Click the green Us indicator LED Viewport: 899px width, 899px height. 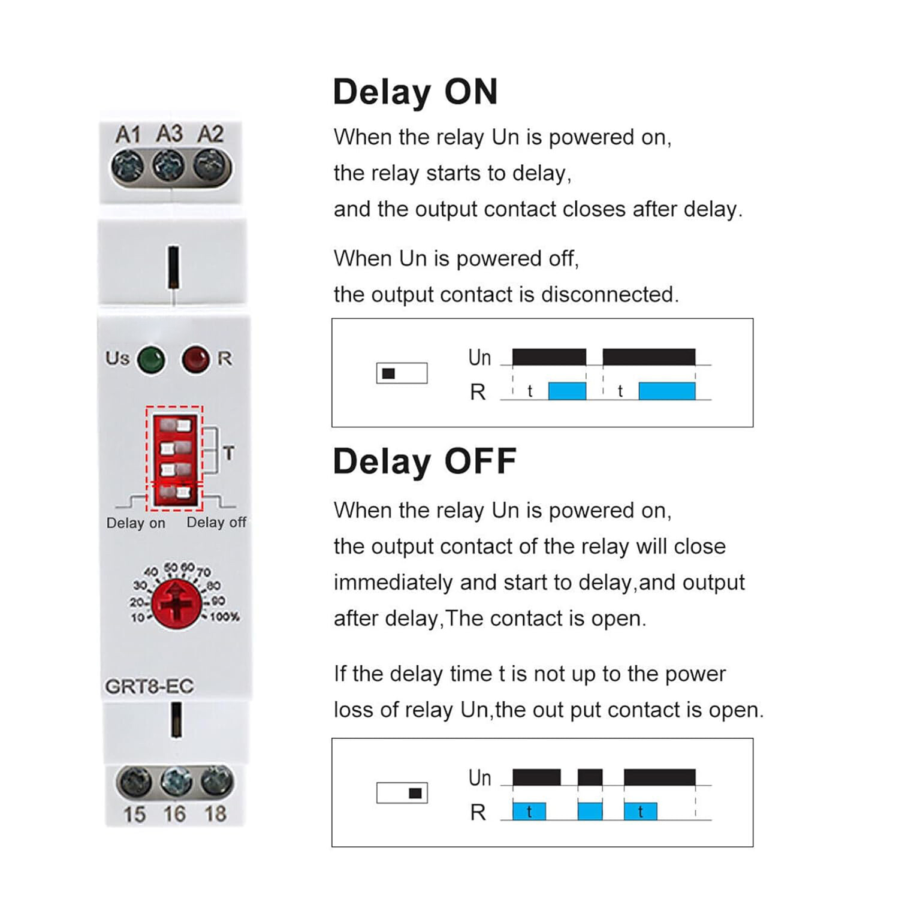tap(151, 360)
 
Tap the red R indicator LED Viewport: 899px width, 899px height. tap(195, 360)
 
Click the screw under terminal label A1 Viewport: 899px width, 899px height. tap(128, 165)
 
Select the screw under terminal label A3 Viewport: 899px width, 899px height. tap(169, 165)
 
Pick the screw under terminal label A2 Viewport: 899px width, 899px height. tap(211, 165)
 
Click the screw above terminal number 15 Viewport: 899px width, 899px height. tap(135, 782)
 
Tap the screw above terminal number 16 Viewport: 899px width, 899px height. tap(176, 782)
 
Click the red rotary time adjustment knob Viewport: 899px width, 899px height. tap(176, 604)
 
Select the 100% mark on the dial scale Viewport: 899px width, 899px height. tap(225, 617)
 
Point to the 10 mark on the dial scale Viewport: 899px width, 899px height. tap(137, 617)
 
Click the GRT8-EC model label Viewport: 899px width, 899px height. tap(149, 686)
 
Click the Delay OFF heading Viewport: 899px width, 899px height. tap(424, 461)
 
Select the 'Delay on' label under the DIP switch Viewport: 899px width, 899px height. tap(135, 523)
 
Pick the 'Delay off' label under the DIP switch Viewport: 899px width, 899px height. tap(216, 523)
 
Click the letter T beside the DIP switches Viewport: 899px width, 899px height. tap(228, 453)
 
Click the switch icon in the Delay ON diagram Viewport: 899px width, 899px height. tap(402, 373)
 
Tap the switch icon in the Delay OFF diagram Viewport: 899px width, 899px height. tap(402, 794)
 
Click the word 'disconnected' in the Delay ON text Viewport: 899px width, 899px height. tap(609, 295)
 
